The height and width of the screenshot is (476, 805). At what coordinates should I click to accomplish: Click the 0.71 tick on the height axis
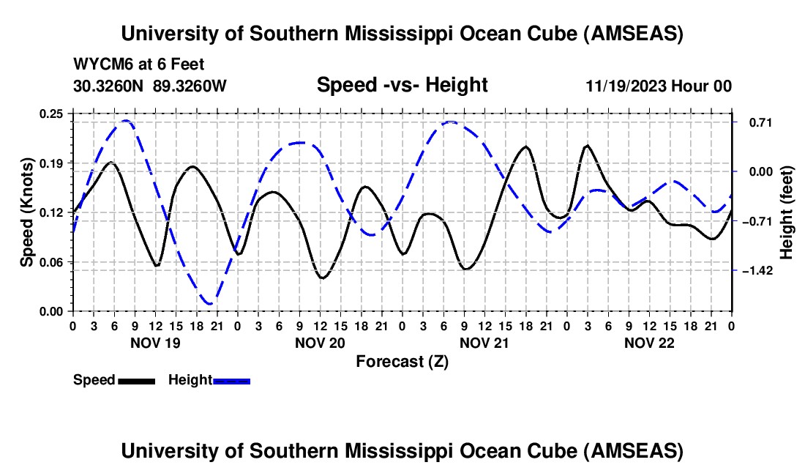pos(755,122)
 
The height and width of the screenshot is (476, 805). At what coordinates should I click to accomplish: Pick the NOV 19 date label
pos(155,342)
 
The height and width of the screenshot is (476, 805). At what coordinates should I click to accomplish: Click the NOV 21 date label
pos(484,342)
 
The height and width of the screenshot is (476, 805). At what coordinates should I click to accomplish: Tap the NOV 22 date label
pos(649,342)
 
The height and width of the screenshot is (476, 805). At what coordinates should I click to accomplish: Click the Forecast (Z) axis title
pos(402,361)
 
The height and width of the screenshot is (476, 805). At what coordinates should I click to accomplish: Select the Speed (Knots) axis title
pos(26,212)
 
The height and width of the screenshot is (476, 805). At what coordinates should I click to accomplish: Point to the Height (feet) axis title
pos(787,212)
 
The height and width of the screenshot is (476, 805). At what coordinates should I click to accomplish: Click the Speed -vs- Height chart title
pos(402,85)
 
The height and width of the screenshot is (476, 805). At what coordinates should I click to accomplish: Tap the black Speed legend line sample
pos(136,380)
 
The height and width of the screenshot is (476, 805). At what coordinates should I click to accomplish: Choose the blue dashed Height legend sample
pos(231,380)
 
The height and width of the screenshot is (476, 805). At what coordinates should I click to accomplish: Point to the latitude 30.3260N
pos(110,86)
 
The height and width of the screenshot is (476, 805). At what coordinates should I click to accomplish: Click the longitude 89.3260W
pos(190,86)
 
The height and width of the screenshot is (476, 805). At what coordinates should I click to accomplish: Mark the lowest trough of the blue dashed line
pos(209,303)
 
